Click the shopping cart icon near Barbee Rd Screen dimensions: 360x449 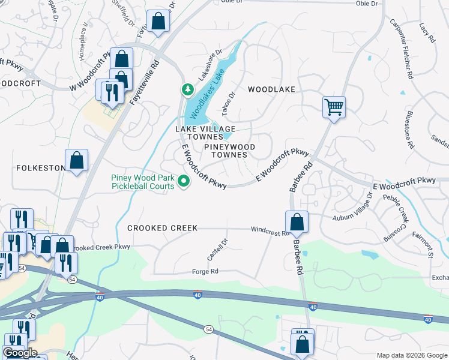[334, 108]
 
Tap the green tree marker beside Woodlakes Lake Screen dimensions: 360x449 [187, 89]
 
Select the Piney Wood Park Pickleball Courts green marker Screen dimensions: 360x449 [184, 181]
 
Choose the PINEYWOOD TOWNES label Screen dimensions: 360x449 [229, 151]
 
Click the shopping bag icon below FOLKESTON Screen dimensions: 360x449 [76, 161]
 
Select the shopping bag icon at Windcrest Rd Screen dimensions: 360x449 [297, 223]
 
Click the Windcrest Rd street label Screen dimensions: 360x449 [270, 229]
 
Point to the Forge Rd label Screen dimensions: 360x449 [205, 271]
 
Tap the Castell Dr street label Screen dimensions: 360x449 [217, 250]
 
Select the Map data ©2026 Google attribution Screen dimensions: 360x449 [411, 355]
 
